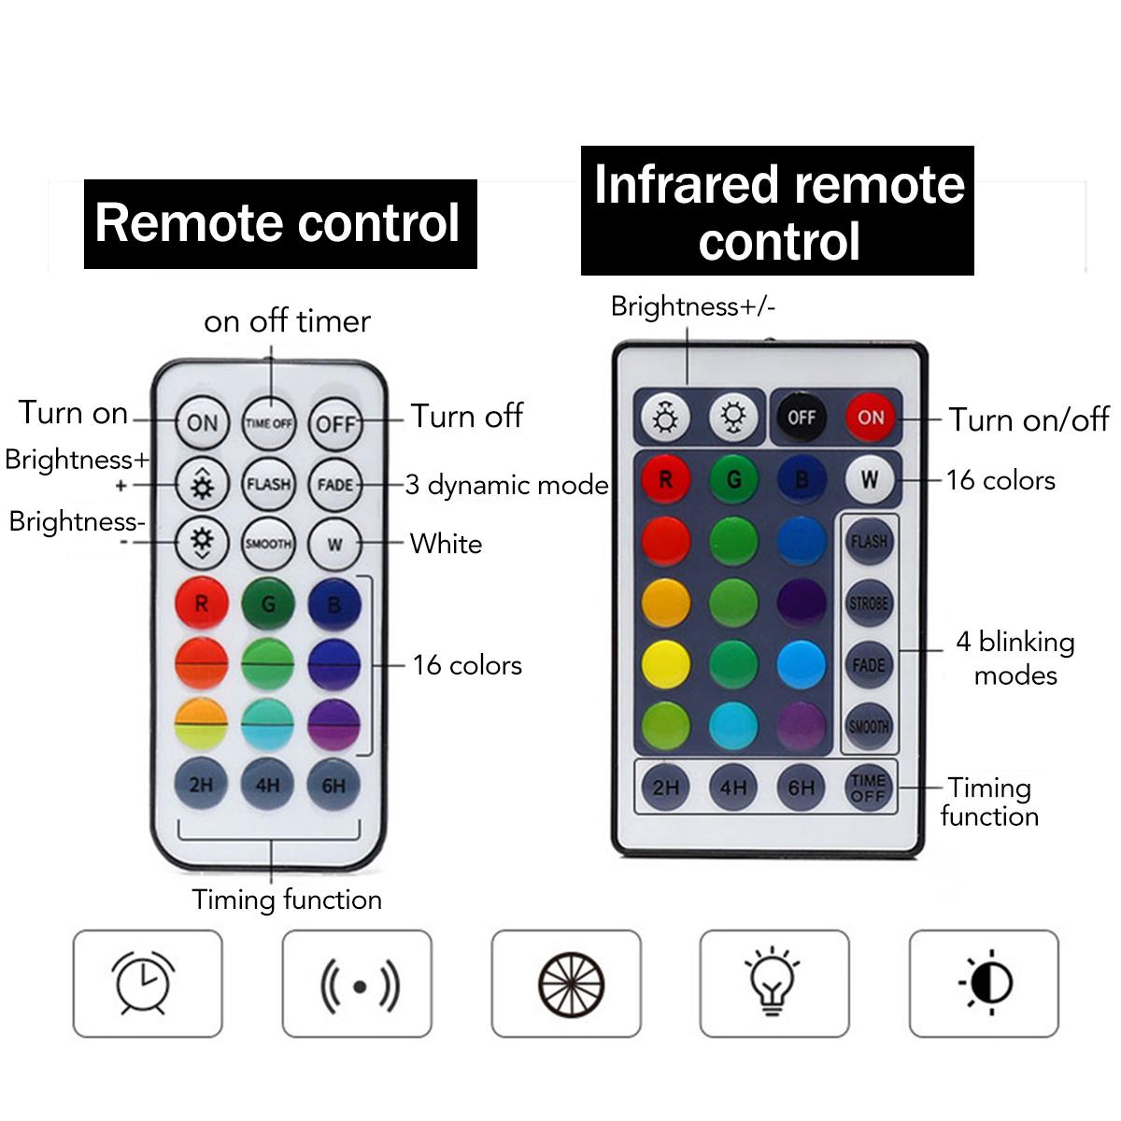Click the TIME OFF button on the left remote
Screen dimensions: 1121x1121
click(269, 423)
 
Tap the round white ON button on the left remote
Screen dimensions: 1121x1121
click(202, 423)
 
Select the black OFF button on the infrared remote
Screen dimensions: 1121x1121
click(801, 418)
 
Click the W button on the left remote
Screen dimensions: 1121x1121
click(334, 544)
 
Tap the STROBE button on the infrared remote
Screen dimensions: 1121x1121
click(869, 603)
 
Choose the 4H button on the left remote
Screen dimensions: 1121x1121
click(267, 785)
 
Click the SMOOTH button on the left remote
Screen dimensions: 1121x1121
click(268, 544)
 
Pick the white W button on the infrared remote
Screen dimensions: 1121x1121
click(870, 480)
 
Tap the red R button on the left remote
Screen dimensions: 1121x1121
click(201, 604)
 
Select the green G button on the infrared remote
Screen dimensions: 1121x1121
click(733, 480)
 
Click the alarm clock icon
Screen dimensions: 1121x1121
click(147, 983)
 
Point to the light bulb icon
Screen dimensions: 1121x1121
click(773, 983)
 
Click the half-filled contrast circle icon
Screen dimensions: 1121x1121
click(985, 983)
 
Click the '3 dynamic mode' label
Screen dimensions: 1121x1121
click(506, 485)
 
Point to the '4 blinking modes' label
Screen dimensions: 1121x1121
click(1015, 658)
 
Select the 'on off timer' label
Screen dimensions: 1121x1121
click(287, 321)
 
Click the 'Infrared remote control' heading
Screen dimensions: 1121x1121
click(778, 211)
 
